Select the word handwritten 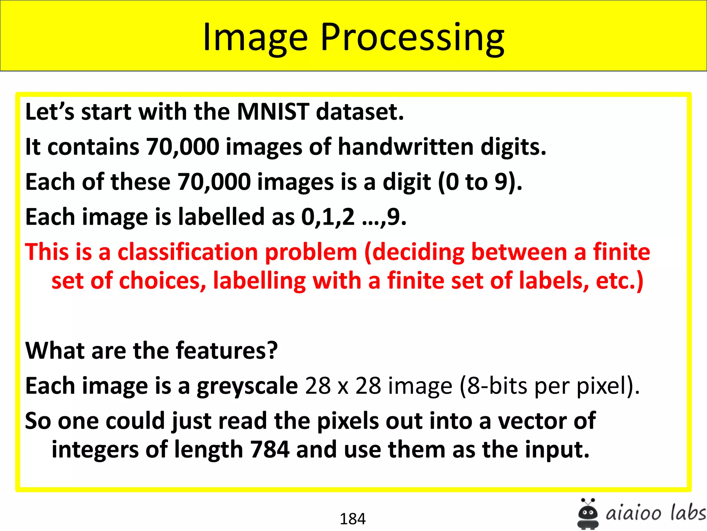pos(406,147)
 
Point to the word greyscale pos(247,386)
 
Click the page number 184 pos(352,519)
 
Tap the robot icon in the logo pos(588,514)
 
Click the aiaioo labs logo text pos(655,513)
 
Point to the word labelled pos(221,217)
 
